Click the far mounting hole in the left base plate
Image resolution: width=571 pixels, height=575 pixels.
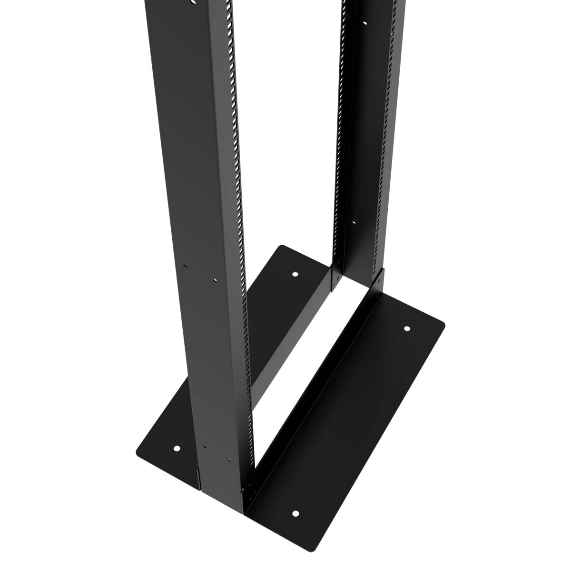point(295,274)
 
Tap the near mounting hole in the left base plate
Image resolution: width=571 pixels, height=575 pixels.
point(177,448)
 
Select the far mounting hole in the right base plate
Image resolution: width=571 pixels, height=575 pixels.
point(407,328)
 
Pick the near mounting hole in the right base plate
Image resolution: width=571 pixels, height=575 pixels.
point(295,514)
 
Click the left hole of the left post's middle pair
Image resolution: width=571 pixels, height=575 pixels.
point(186,266)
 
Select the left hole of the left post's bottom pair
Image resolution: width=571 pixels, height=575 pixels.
point(204,446)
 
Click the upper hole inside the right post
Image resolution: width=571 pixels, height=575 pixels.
point(365,23)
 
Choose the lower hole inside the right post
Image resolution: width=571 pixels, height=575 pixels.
point(354,222)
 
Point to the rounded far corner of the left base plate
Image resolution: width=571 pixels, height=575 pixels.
point(281,247)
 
